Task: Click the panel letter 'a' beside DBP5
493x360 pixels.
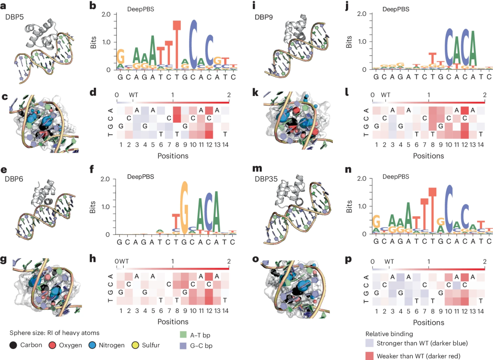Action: point(4,6)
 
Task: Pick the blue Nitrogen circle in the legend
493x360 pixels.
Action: point(90,345)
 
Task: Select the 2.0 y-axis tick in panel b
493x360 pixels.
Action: point(105,14)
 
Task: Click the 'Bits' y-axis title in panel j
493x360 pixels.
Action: point(350,41)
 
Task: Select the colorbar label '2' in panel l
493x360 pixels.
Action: point(485,95)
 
